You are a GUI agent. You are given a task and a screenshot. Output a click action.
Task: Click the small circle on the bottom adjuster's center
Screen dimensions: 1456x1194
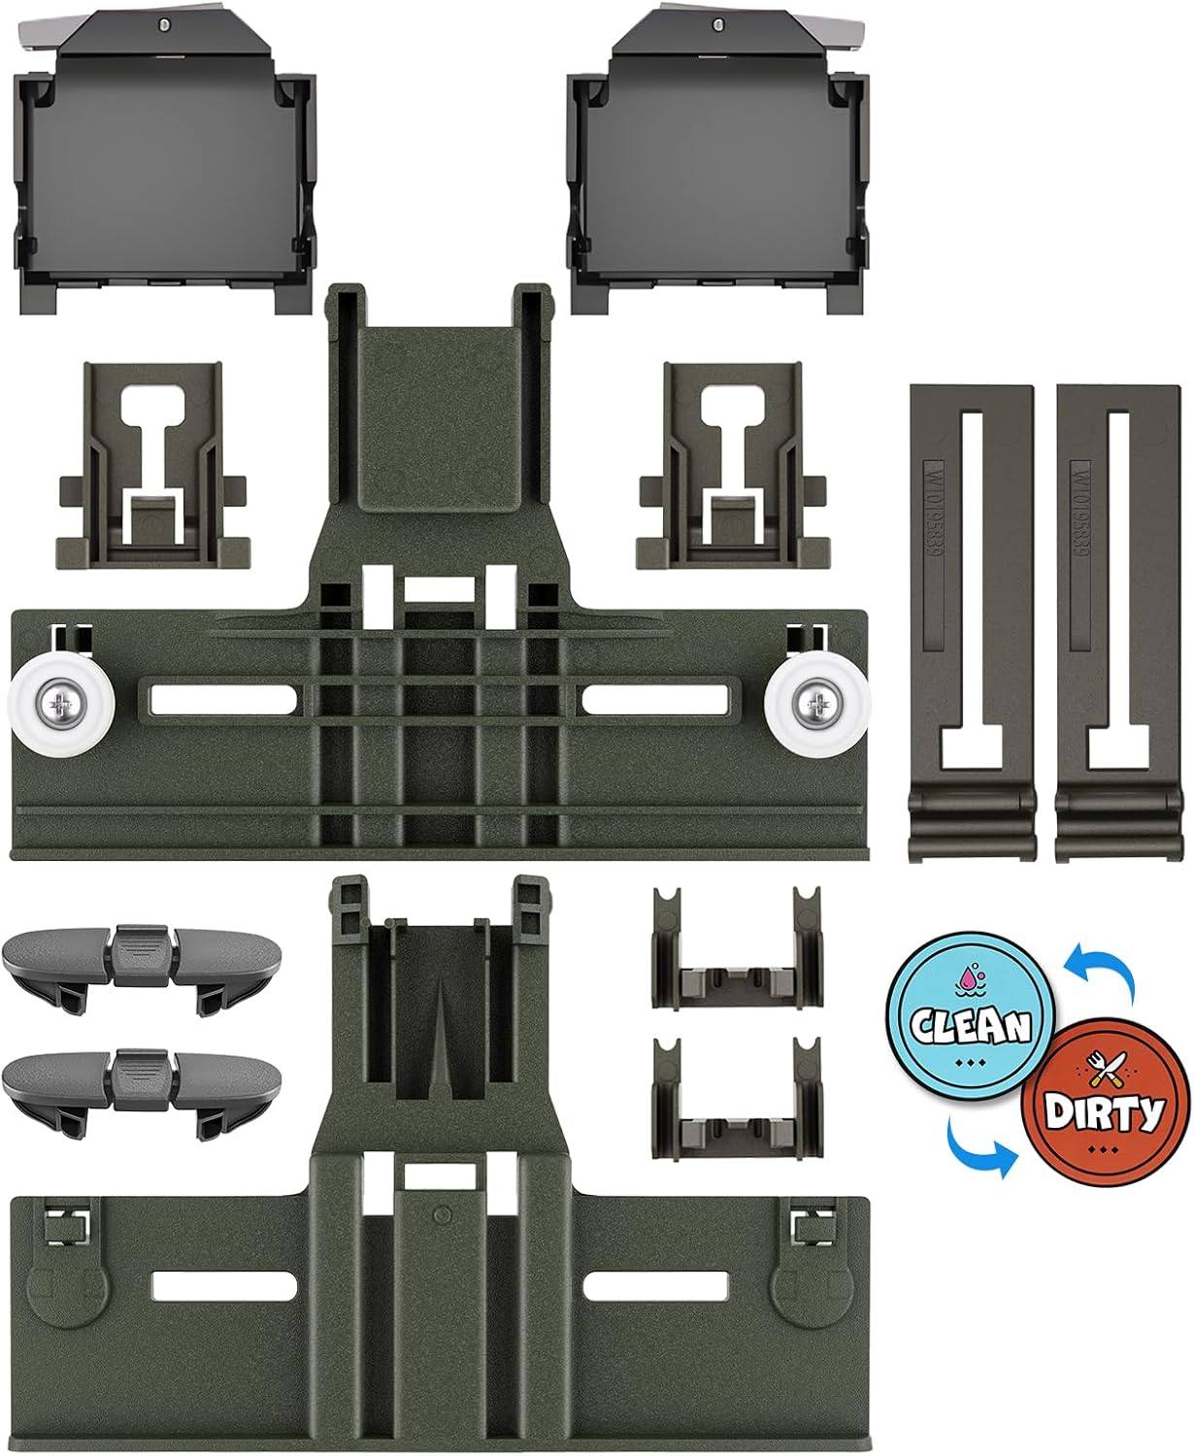(x=442, y=1212)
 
